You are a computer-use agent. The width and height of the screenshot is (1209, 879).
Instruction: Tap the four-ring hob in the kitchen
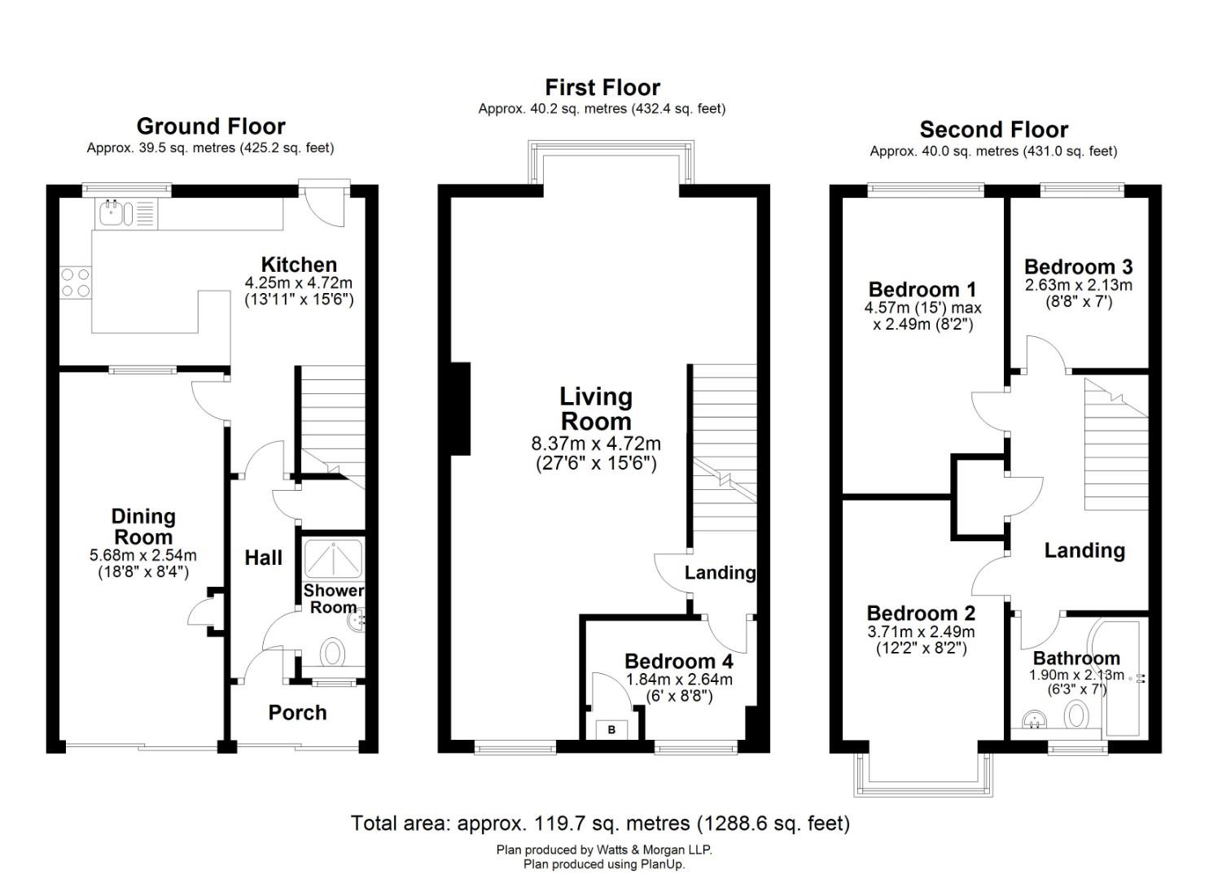pos(76,283)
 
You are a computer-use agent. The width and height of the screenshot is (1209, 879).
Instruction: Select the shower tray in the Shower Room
pos(334,558)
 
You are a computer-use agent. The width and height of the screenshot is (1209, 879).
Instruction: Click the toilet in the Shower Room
pos(332,653)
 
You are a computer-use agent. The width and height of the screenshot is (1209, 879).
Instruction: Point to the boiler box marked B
pos(611,730)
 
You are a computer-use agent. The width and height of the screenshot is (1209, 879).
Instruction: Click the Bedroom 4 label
pos(679,661)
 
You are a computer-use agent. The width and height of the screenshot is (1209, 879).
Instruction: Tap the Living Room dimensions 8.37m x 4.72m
pos(596,444)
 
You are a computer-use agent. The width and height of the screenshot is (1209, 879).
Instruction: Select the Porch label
pos(297,713)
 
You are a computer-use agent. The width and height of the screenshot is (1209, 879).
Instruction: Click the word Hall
pos(264,558)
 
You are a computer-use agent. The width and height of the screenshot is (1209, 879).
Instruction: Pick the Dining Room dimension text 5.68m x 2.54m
pos(143,555)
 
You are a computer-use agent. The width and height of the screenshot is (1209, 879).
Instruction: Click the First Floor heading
pos(602,87)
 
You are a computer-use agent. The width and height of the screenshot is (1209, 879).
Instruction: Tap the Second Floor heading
pos(993,129)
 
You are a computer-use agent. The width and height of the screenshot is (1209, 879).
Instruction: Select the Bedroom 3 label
pos(1079,267)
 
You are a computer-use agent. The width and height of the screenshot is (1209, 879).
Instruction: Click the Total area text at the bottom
pos(600,824)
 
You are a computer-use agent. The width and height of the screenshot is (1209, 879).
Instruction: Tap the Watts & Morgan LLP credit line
pos(604,850)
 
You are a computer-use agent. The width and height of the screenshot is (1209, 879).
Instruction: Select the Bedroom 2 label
pos(921,613)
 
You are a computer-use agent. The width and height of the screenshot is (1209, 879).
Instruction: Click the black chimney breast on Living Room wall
pos(460,409)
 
